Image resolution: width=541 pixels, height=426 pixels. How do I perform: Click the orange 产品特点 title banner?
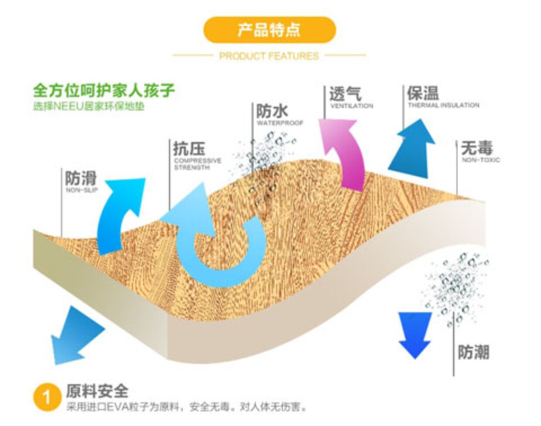click(x=270, y=30)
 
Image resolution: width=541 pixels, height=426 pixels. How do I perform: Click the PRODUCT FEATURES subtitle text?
click(x=269, y=56)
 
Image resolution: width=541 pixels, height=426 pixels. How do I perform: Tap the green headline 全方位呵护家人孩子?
click(x=104, y=90)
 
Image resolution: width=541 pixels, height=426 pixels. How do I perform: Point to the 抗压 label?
click(x=189, y=148)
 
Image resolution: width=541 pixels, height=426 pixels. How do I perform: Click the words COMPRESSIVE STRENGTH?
click(x=197, y=164)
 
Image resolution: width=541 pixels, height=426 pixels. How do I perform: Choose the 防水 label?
click(x=272, y=111)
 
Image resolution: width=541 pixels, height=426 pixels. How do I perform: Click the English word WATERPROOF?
click(x=280, y=123)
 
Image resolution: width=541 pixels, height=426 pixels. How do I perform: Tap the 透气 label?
click(x=345, y=93)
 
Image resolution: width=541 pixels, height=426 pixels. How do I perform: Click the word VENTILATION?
click(x=352, y=106)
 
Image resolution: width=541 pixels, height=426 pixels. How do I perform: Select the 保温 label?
click(x=423, y=93)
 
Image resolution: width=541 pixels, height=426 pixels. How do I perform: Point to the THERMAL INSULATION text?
click(x=443, y=105)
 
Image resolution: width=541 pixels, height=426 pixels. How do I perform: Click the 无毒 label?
click(x=477, y=148)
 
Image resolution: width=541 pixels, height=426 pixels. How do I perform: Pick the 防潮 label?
click(x=473, y=352)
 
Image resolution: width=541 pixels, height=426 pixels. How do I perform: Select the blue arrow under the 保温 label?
click(x=412, y=148)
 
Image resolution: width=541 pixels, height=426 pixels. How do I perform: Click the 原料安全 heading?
click(x=97, y=391)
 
